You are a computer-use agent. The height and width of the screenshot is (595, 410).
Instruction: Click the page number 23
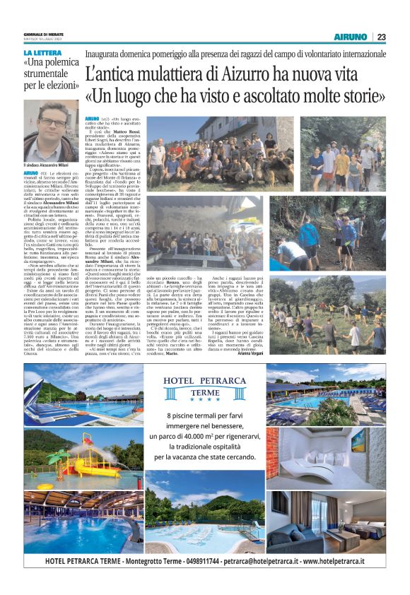click(x=381, y=37)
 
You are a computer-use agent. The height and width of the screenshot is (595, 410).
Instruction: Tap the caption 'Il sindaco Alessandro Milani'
click(x=52, y=165)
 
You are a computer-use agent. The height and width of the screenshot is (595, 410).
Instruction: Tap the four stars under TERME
click(x=204, y=401)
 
